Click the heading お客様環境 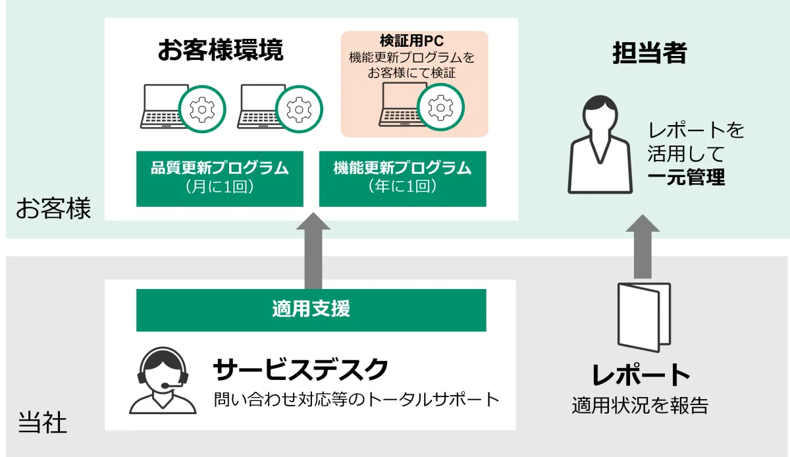click(x=220, y=51)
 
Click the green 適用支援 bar click(x=311, y=309)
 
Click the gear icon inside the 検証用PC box click(x=440, y=106)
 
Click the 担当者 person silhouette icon click(x=600, y=145)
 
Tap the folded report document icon click(x=644, y=317)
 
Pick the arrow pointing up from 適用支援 click(x=313, y=250)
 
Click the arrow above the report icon click(x=642, y=247)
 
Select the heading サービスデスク click(x=300, y=370)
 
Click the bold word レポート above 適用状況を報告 click(x=641, y=375)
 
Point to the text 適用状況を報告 click(x=640, y=405)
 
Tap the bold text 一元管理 click(x=686, y=178)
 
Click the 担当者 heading click(x=649, y=53)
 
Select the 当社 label click(x=42, y=423)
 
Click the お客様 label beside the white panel click(x=53, y=209)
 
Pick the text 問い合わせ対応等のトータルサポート click(x=356, y=399)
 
